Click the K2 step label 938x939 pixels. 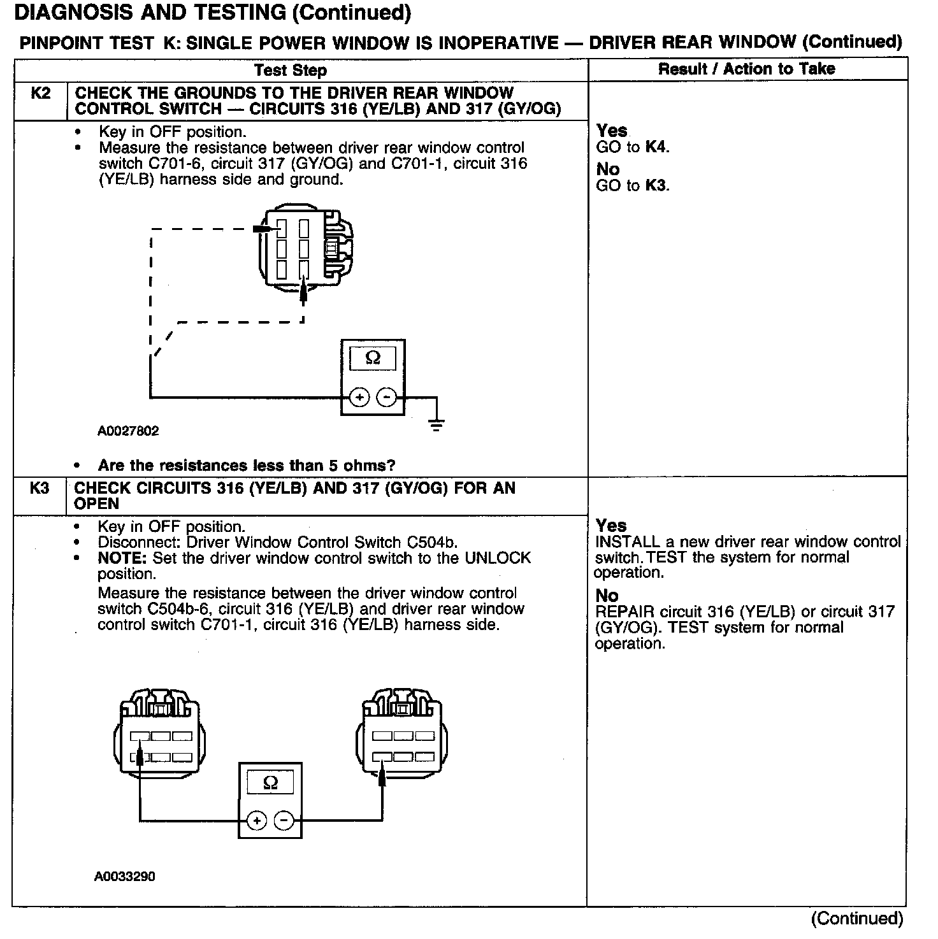40,94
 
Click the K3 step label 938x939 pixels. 40,489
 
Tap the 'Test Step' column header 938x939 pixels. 291,70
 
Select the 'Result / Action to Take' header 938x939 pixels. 746,69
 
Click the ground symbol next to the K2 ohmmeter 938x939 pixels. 437,424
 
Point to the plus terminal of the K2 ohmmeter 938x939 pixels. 359,398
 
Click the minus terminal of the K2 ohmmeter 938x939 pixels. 386,398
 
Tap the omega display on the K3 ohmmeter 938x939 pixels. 270,782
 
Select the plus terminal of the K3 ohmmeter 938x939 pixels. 257,821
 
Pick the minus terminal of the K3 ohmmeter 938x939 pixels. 284,821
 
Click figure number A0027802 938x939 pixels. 128,431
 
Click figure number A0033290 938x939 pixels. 125,877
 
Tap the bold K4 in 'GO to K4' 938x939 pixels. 656,147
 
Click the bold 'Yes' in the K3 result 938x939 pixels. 611,526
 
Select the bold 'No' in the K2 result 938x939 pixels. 608,169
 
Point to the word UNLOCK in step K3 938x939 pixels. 497,558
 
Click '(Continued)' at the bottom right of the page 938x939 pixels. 857,919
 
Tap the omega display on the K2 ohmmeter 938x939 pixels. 373,358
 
